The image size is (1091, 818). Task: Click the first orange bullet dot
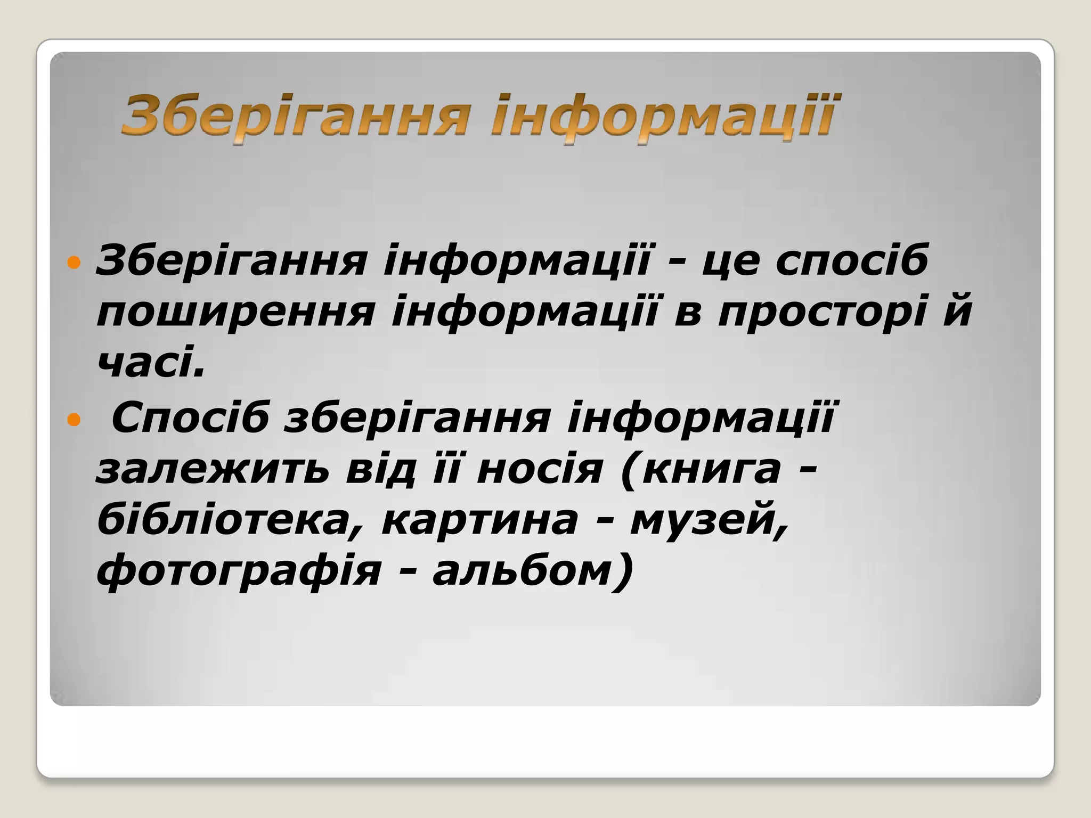[74, 263]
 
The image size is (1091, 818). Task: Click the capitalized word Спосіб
[190, 419]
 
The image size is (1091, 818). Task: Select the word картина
[480, 521]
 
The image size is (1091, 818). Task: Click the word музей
[709, 521]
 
